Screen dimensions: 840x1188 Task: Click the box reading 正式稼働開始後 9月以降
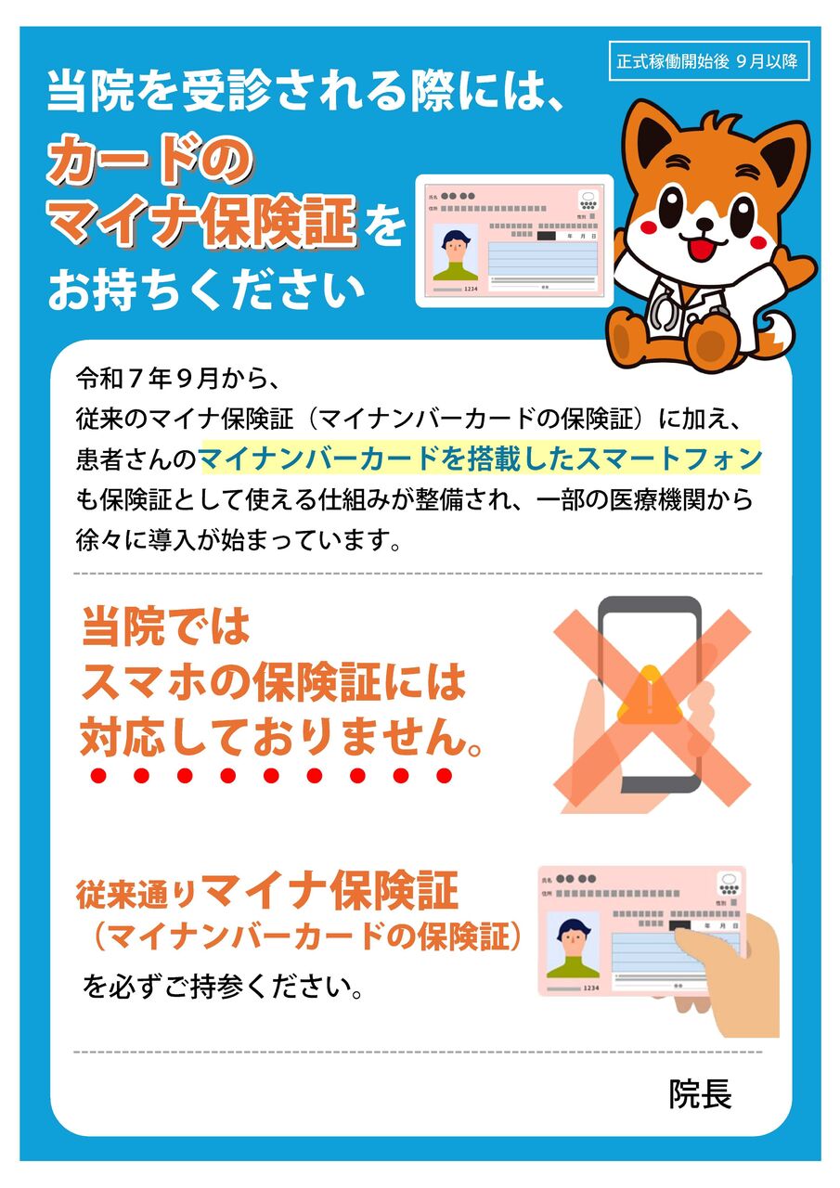tap(708, 61)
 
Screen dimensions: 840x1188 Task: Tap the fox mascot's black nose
tap(704, 225)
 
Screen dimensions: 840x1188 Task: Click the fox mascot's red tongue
tap(704, 247)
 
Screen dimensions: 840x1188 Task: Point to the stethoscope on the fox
tap(669, 306)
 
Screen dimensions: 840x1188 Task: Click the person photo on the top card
tap(455, 252)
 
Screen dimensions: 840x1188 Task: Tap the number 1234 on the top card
tap(471, 289)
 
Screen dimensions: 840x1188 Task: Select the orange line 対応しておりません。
tap(281, 736)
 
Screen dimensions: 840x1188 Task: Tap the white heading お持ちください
tap(206, 290)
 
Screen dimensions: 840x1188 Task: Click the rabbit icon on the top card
tap(588, 201)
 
